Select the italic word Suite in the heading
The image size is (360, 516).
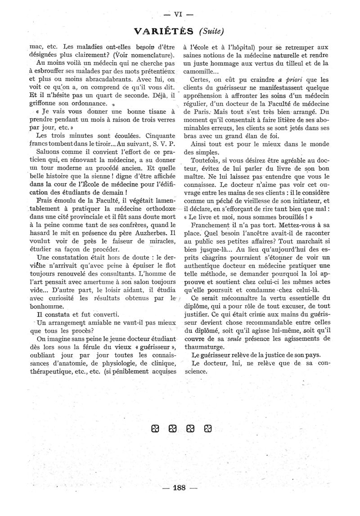pyautogui.click(x=211, y=31)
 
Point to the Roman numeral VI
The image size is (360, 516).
pyautogui.click(x=177, y=14)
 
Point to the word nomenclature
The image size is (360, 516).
pyautogui.click(x=148, y=55)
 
